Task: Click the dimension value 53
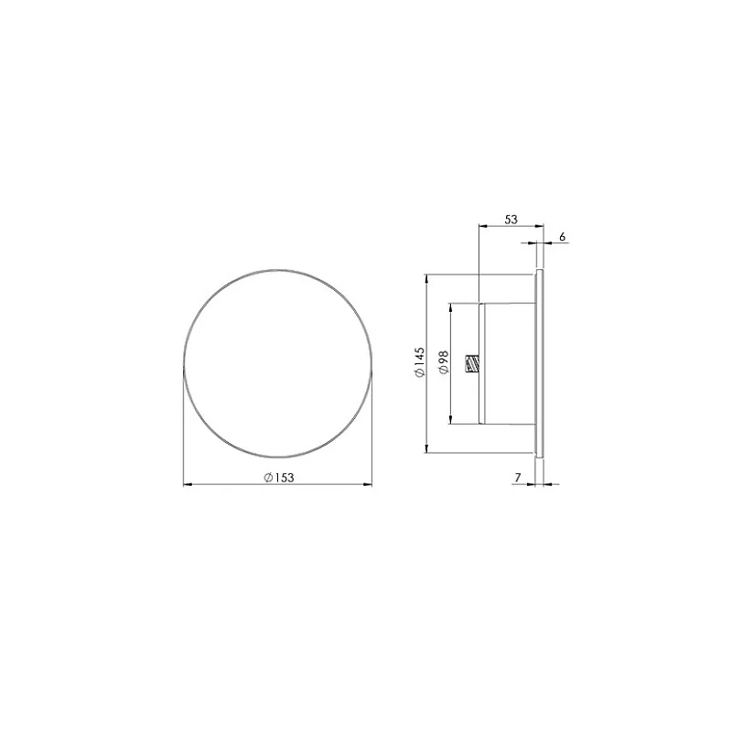[x=511, y=220]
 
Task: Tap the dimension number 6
[x=562, y=237]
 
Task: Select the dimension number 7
[x=518, y=478]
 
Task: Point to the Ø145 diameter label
[x=418, y=362]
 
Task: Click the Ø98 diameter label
[x=442, y=362]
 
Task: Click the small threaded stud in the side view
[x=472, y=364]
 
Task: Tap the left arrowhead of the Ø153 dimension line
[x=188, y=485]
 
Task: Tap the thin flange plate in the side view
[x=541, y=362]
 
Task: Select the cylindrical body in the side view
[x=508, y=362]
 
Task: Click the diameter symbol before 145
[x=418, y=374]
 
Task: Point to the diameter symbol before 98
[x=442, y=371]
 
